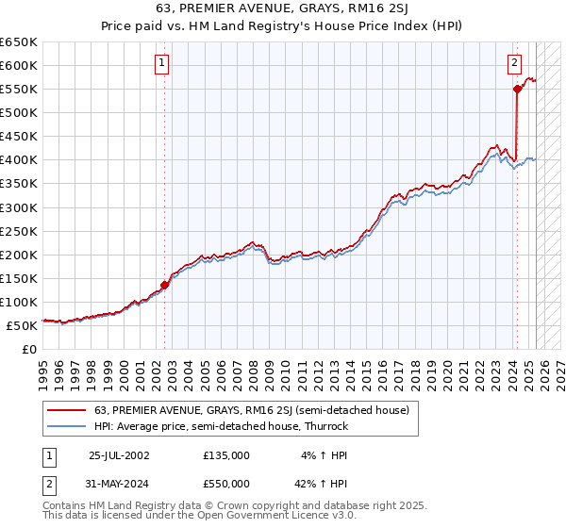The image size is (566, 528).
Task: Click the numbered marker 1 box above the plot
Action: click(x=163, y=64)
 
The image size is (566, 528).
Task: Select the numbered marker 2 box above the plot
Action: click(x=515, y=64)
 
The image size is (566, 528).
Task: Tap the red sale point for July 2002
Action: click(x=164, y=285)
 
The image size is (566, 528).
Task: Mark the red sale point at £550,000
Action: click(x=517, y=89)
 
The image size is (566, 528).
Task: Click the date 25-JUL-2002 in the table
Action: click(x=119, y=454)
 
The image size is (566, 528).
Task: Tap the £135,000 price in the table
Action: click(x=226, y=454)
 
